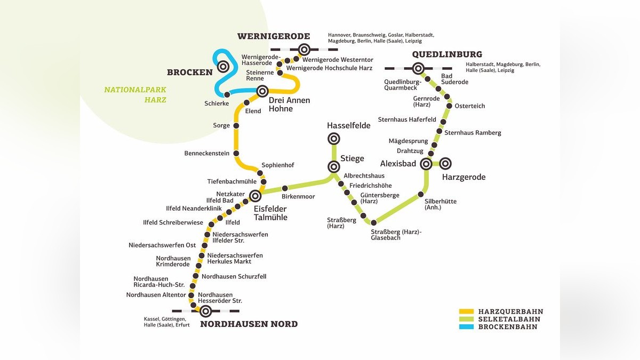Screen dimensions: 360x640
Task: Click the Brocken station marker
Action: point(223,67)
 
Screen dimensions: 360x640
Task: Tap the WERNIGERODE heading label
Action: point(274,36)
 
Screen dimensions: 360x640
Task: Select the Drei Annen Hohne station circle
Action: point(262,91)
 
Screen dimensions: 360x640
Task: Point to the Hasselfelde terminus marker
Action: point(333,139)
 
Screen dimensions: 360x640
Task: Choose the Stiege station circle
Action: point(333,166)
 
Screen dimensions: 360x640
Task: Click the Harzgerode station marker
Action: point(445,163)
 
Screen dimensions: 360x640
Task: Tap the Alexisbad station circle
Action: point(426,163)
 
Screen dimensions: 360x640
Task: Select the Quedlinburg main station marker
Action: point(418,68)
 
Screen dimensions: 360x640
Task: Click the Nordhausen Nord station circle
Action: point(205,311)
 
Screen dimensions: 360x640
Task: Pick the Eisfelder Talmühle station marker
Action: point(255,195)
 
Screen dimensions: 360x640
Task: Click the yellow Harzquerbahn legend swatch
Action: point(467,311)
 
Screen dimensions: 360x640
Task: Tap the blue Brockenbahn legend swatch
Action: point(467,326)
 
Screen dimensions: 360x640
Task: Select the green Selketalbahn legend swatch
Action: point(467,319)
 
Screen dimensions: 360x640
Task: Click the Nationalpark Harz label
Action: point(135,94)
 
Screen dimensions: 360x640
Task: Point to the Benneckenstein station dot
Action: point(236,154)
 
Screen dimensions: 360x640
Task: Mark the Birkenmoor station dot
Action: point(285,188)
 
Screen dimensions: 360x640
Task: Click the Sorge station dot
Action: point(236,126)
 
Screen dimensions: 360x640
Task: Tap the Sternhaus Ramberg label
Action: point(473,133)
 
